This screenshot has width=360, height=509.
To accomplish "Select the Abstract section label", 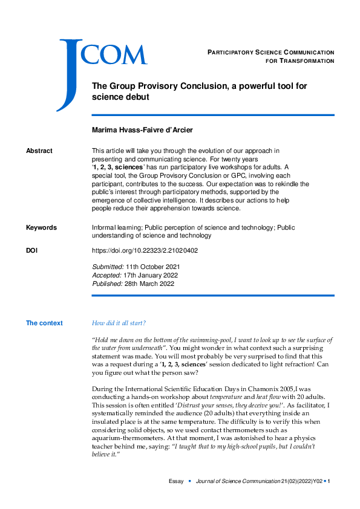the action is pos(39,151).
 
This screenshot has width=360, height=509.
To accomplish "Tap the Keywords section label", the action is pos(41,227).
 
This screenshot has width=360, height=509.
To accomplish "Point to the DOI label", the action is pos(32,250).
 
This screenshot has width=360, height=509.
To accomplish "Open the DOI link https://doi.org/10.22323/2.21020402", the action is pos(145,250).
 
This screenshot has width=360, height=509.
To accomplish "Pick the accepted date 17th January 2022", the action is pos(151,274).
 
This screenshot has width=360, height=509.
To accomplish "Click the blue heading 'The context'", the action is pos(44,323).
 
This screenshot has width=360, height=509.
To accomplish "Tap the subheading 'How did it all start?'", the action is pos(118,323).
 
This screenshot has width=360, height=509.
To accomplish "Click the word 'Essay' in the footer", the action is pos(175,481).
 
